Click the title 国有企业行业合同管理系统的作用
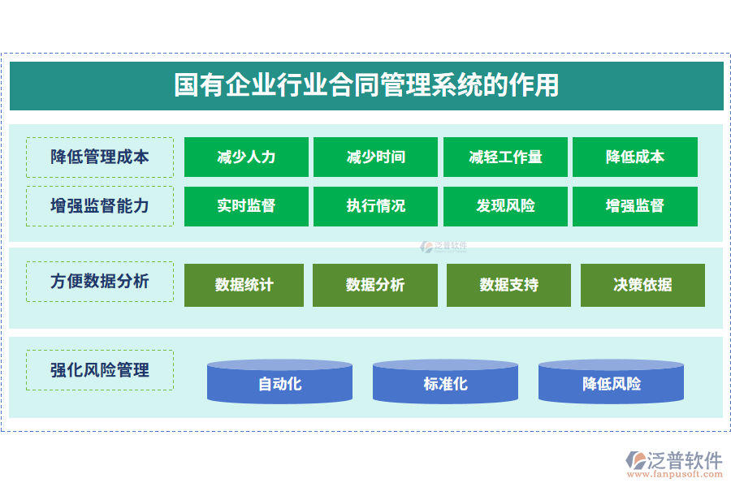(x=366, y=85)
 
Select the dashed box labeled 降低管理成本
(x=100, y=157)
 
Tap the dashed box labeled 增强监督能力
(x=100, y=206)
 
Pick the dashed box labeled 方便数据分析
(x=100, y=282)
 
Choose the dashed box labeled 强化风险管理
(x=100, y=370)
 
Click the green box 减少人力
(x=246, y=157)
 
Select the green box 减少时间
(x=375, y=157)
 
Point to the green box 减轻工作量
(x=505, y=157)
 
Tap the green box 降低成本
(x=634, y=157)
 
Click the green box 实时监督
(x=246, y=206)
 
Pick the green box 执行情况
(x=375, y=206)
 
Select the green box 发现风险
(x=505, y=206)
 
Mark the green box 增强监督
(x=634, y=206)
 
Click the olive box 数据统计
(x=244, y=285)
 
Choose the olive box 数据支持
(x=508, y=285)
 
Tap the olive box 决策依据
(x=642, y=285)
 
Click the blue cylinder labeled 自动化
(x=279, y=383)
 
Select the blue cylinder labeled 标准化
(x=445, y=383)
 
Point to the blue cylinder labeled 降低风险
(x=611, y=383)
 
